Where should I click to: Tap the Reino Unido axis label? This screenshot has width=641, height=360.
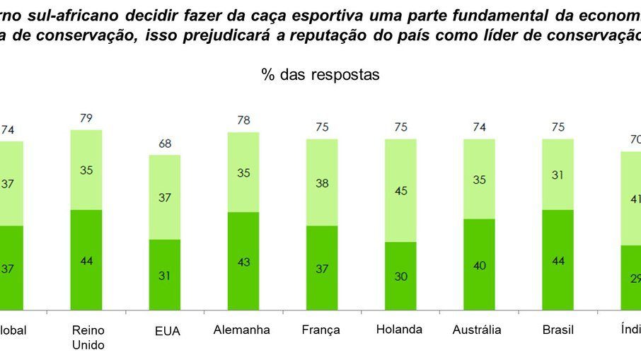(88, 337)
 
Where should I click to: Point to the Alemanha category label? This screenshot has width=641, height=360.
(243, 330)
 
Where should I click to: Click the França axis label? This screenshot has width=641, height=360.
(321, 330)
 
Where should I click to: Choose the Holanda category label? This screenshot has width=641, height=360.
(400, 329)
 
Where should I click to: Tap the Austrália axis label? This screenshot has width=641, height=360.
(478, 330)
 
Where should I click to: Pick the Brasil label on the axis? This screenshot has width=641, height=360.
(557, 330)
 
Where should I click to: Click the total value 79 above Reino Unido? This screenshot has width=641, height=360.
(86, 118)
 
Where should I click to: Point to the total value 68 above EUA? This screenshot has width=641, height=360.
(165, 144)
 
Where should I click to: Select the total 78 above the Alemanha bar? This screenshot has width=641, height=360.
(243, 120)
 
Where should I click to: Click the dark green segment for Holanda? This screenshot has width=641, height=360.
(400, 275)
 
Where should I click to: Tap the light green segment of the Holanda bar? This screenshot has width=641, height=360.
(400, 190)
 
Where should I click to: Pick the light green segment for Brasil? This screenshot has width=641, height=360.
(558, 174)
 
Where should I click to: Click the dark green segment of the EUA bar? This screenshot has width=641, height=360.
(165, 274)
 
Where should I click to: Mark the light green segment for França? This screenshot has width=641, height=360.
(322, 182)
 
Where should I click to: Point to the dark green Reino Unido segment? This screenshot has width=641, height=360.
(86, 259)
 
